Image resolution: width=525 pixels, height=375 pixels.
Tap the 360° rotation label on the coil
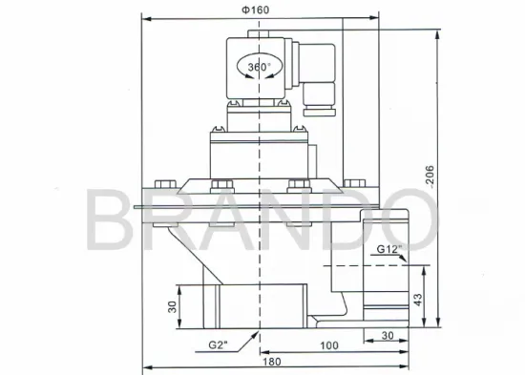click(x=260, y=68)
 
